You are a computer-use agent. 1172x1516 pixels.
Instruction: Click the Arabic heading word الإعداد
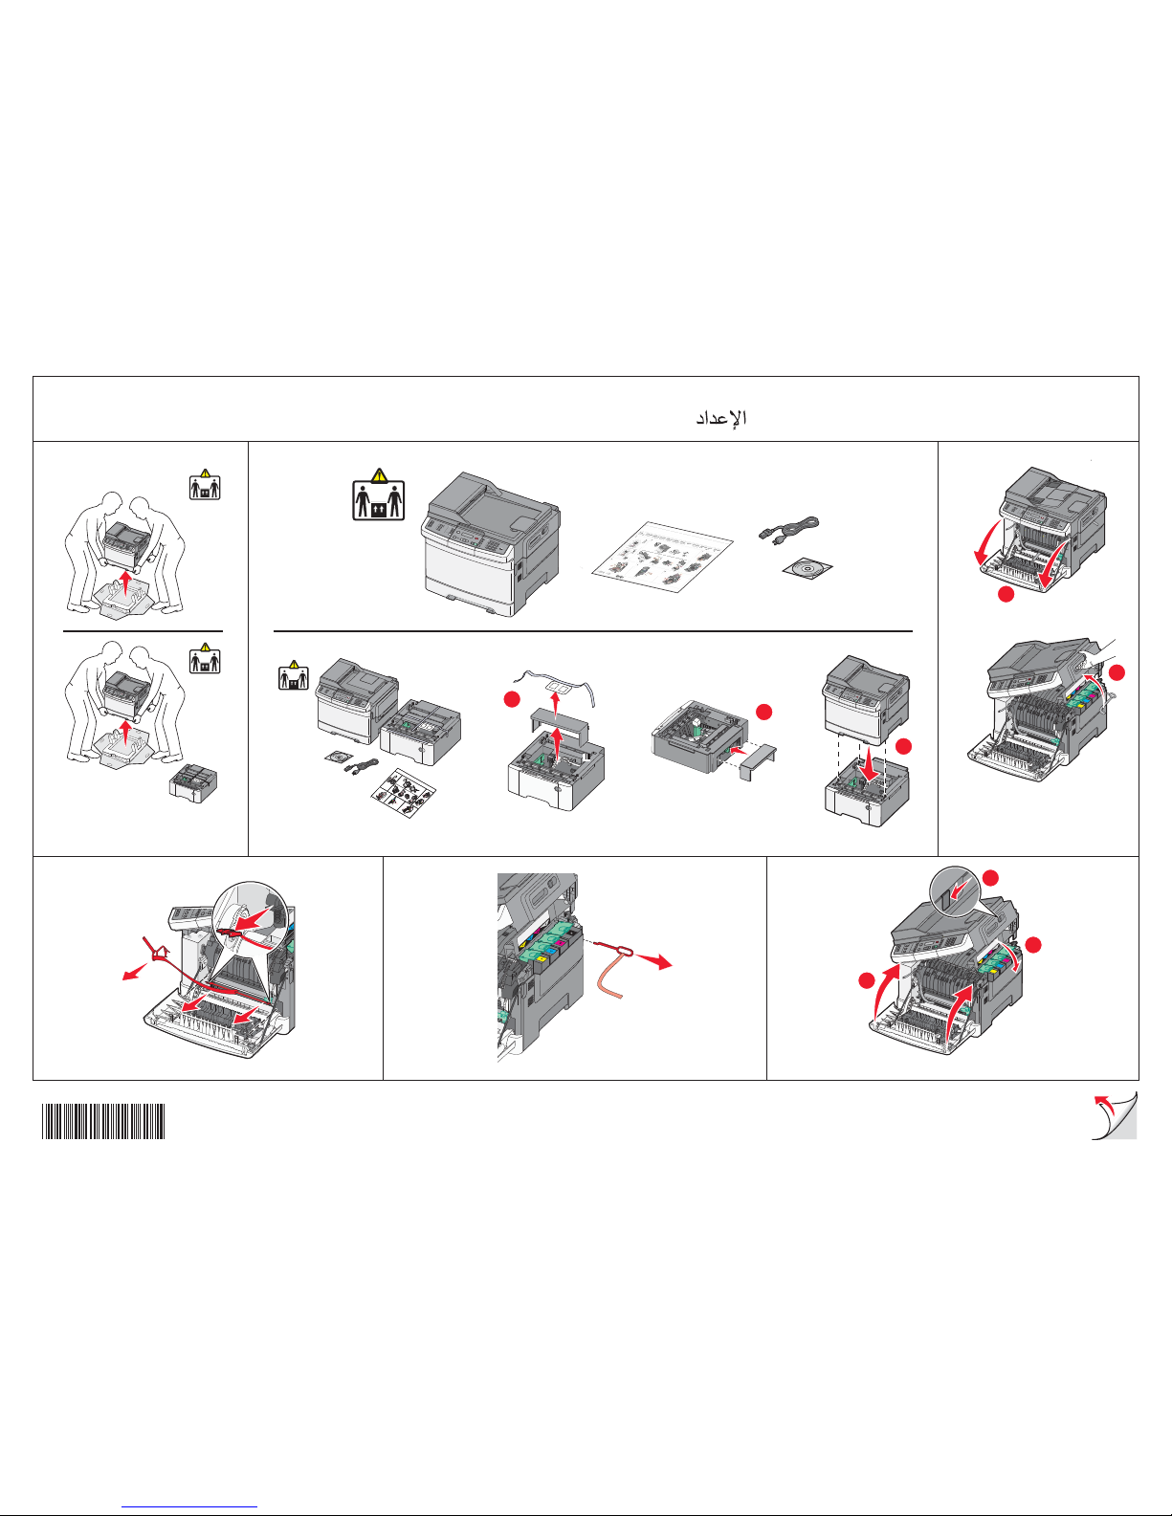721,418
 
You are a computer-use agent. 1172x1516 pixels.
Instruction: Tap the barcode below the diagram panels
103,1121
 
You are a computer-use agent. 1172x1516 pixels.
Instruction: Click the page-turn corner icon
1114,1116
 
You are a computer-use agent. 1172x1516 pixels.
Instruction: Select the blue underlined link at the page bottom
189,1507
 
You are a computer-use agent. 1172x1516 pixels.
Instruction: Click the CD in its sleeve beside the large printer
807,569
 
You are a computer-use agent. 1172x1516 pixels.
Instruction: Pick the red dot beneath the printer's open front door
1006,595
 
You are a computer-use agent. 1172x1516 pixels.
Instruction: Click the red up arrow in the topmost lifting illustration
125,582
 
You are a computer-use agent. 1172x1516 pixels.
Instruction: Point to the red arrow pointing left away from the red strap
135,971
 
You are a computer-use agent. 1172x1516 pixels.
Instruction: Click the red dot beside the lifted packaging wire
512,700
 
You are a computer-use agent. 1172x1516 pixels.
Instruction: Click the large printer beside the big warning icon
491,544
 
